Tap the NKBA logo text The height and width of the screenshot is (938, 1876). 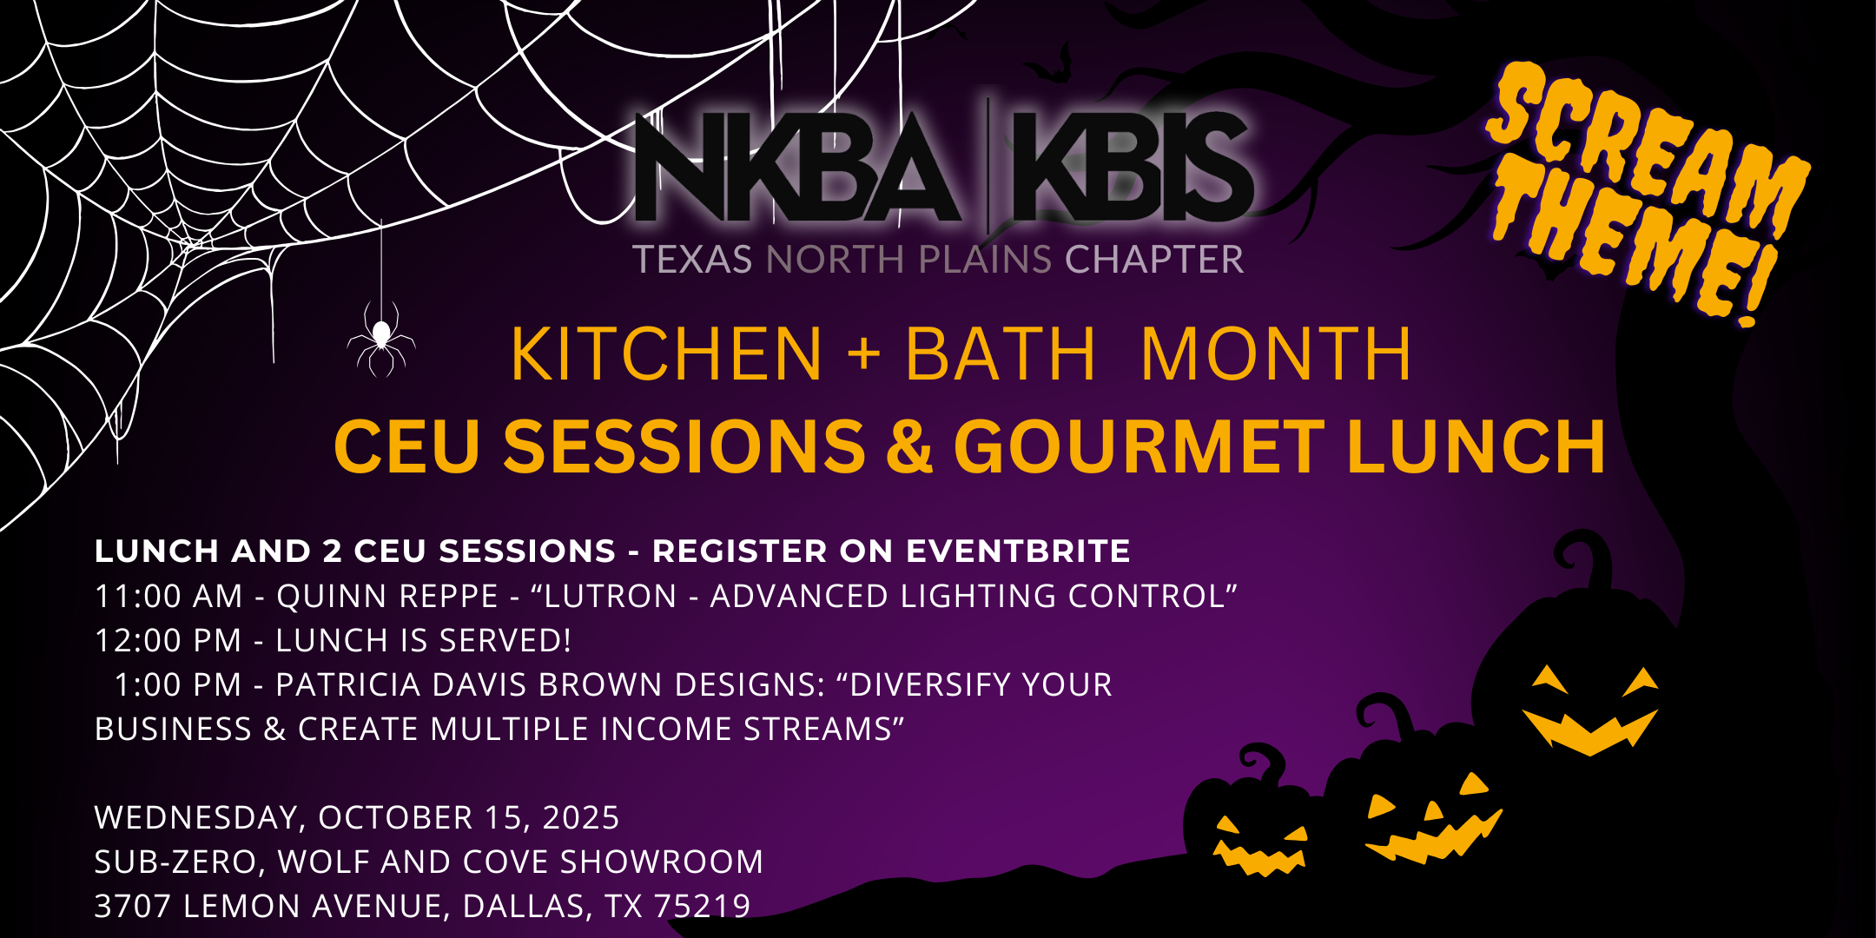(798, 167)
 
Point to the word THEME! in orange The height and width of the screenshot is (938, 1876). (1633, 248)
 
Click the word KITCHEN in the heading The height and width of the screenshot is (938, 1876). (666, 354)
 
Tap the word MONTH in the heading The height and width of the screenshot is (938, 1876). (1276, 354)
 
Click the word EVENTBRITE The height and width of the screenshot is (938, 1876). (1018, 551)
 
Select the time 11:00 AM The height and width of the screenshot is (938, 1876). (168, 597)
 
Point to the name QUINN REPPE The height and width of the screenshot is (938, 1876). (387, 597)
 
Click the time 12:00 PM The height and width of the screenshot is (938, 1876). (168, 641)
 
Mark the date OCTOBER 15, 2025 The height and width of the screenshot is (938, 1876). (468, 818)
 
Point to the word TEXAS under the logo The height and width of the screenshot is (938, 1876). (692, 260)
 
